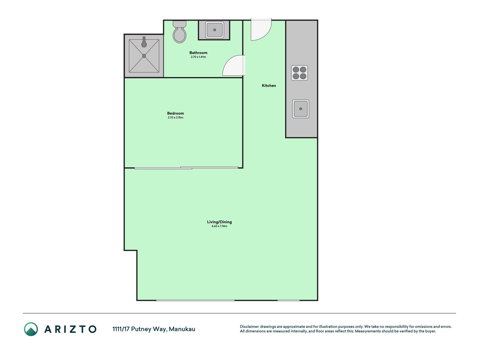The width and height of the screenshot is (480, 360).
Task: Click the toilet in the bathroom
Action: click(x=180, y=31)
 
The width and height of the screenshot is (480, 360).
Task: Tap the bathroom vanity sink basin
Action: click(x=215, y=30)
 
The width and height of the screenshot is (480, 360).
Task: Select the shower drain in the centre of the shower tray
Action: click(x=144, y=56)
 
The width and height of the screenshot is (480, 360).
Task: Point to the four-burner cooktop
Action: click(x=299, y=73)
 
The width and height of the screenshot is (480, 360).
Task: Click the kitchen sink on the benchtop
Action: click(x=301, y=109)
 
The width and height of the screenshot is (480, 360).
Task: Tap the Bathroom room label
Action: click(x=198, y=53)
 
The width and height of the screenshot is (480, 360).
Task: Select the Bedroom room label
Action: click(x=175, y=113)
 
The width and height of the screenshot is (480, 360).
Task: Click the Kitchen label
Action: click(x=269, y=85)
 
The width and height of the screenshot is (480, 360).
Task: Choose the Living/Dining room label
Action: click(x=219, y=222)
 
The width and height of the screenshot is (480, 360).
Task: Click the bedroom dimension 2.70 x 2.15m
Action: click(x=175, y=118)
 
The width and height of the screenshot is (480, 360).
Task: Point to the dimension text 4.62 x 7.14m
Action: click(x=219, y=226)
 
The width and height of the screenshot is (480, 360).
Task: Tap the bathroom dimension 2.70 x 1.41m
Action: click(x=198, y=57)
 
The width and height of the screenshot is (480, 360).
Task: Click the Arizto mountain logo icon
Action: click(x=31, y=329)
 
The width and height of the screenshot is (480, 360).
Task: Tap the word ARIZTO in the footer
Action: click(x=70, y=329)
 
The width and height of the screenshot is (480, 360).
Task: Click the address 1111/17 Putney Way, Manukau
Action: click(x=154, y=329)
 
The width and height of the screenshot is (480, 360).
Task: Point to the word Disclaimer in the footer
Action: click(x=249, y=327)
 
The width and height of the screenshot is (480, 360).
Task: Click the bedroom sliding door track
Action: click(x=186, y=168)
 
